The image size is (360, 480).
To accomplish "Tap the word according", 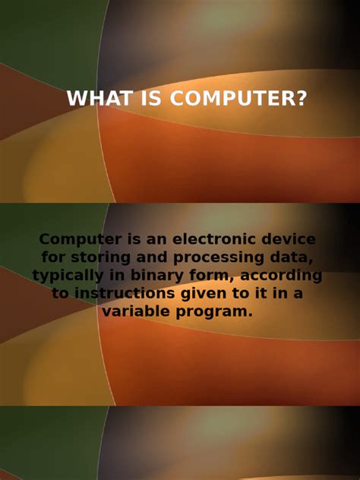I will pyautogui.click(x=284, y=276).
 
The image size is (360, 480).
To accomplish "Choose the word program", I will pyautogui.click(x=219, y=312).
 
